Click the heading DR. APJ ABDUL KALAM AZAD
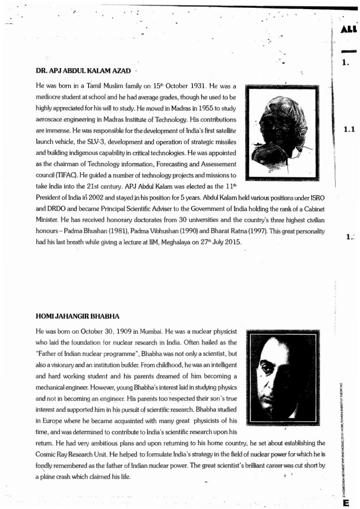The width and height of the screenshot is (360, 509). [x=83, y=71]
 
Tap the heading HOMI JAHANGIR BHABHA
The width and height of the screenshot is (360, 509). [x=77, y=316]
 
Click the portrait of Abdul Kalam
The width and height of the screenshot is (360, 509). [x=281, y=132]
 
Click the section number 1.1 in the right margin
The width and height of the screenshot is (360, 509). [x=349, y=129]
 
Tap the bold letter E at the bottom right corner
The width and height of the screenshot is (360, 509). [x=346, y=503]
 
